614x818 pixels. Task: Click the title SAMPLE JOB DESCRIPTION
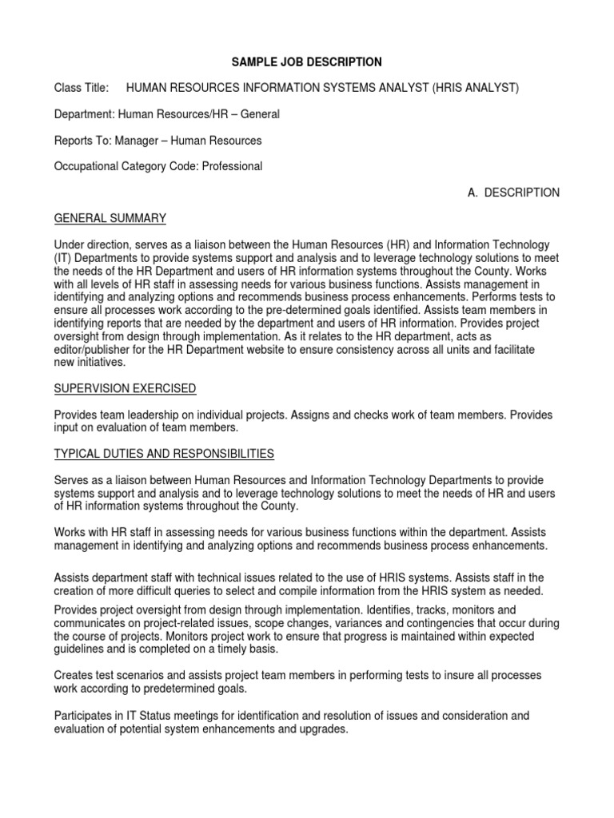click(307, 62)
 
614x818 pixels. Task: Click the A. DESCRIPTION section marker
click(513, 193)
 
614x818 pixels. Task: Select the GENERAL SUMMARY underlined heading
click(110, 218)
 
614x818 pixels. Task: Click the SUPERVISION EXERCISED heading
click(125, 388)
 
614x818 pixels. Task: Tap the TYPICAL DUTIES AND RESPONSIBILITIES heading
click(163, 454)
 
